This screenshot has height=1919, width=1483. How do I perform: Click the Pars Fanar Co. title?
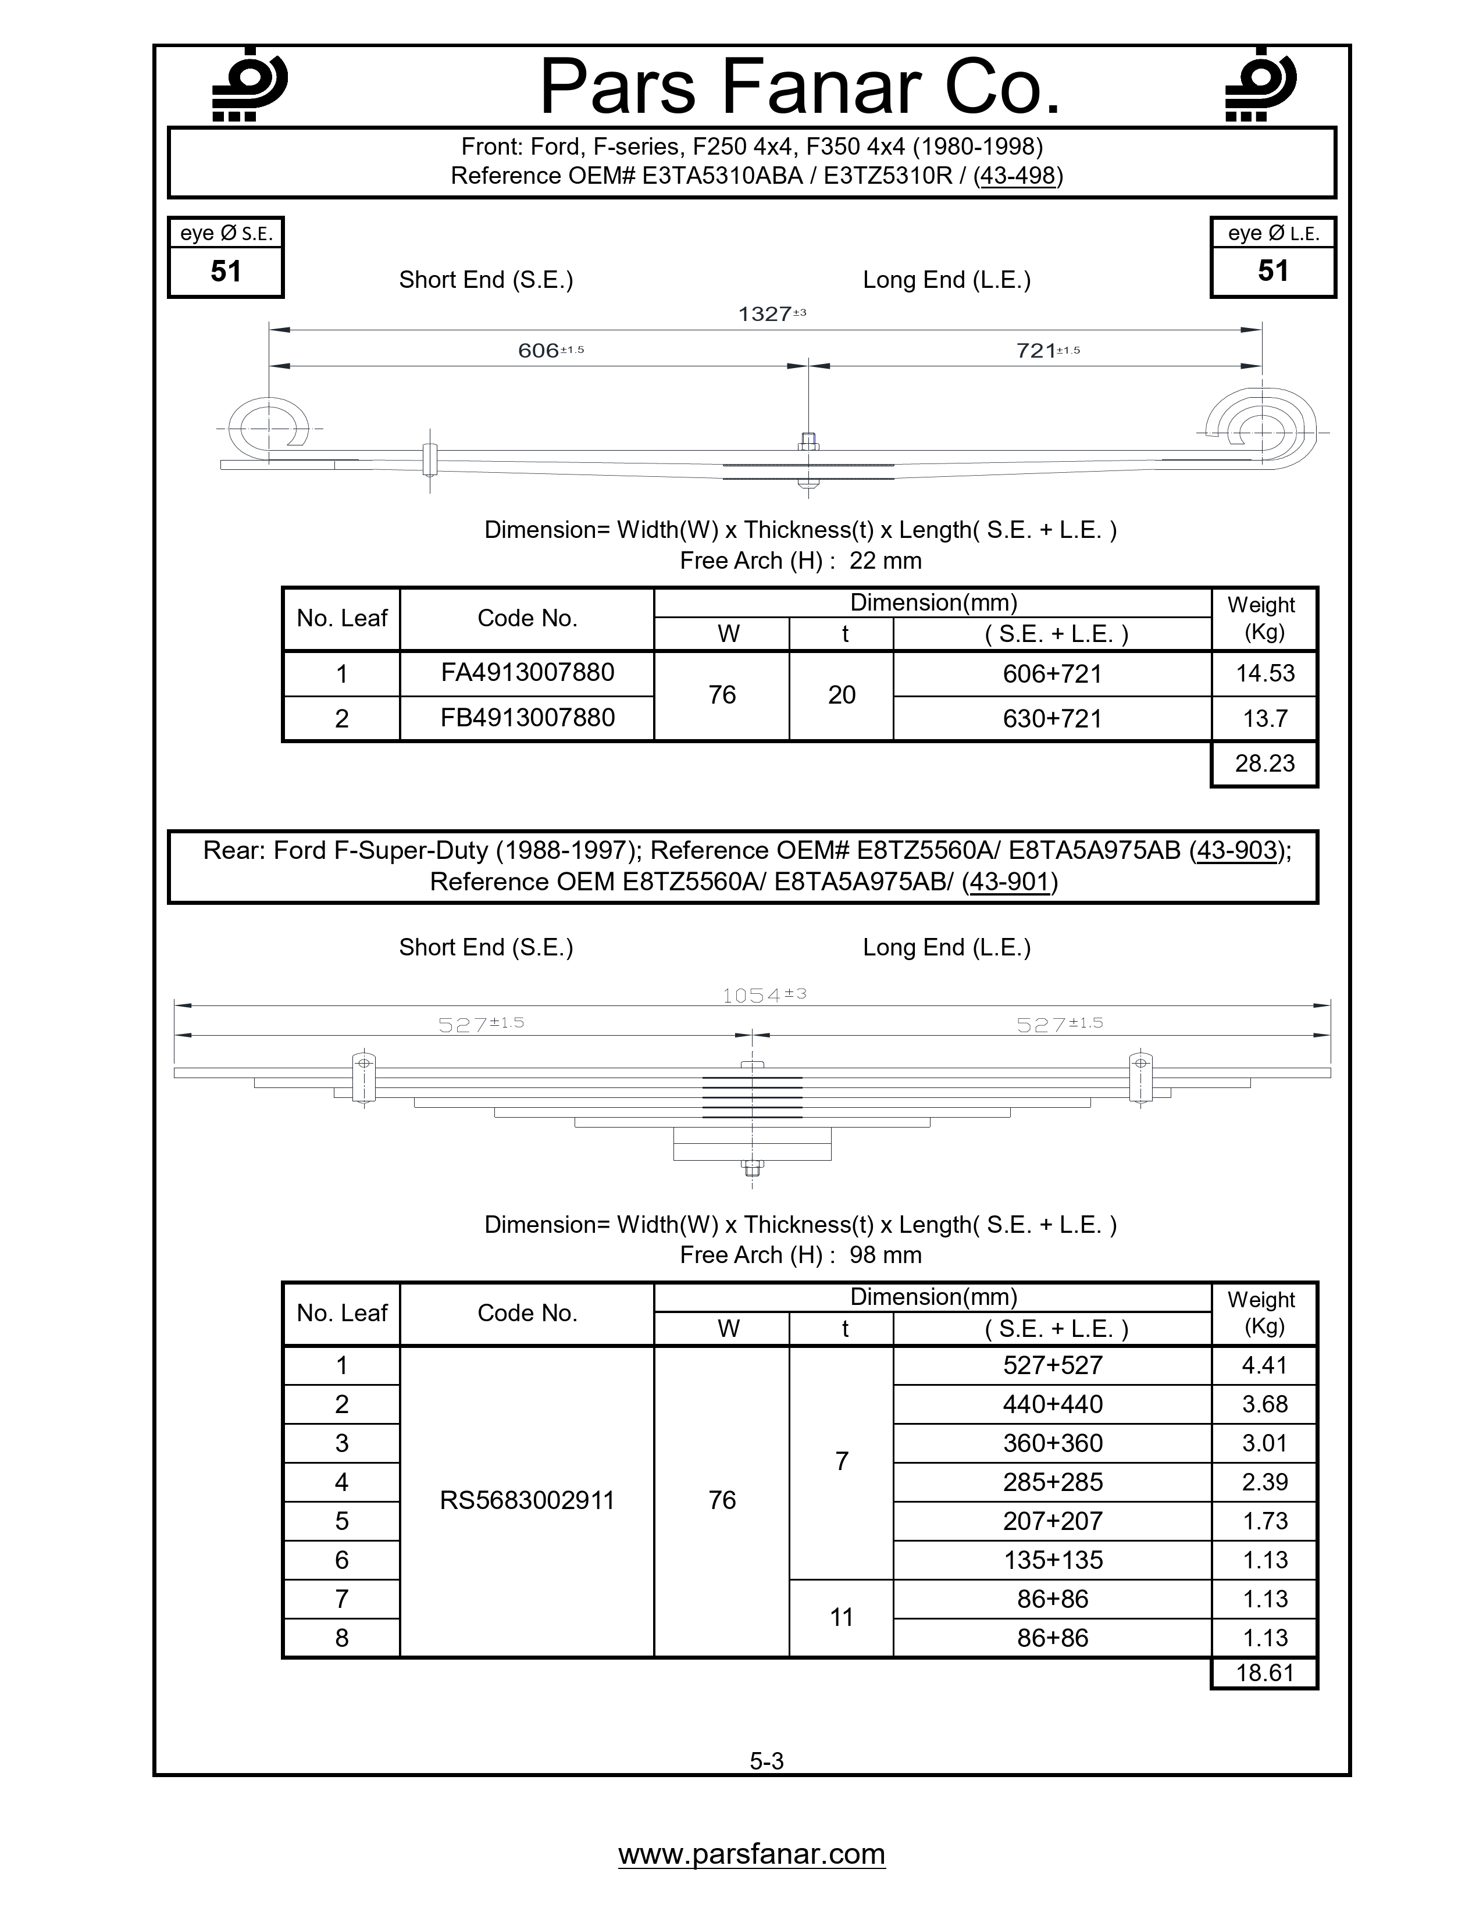click(x=800, y=87)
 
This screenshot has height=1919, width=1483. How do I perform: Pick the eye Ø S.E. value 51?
click(x=226, y=272)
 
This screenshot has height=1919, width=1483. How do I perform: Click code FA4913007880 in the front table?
click(x=527, y=673)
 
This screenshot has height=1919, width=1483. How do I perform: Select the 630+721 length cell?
click(x=1051, y=719)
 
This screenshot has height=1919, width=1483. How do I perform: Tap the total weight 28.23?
click(x=1264, y=764)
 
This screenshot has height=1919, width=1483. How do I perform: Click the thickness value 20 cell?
click(x=841, y=695)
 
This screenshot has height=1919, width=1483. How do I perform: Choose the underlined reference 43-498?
click(x=1017, y=176)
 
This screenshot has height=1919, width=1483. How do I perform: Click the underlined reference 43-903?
click(x=1236, y=851)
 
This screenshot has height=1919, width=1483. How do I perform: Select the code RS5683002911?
click(x=527, y=1500)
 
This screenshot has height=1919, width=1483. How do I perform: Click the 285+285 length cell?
click(x=1051, y=1482)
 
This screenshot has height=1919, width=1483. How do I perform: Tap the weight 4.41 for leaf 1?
click(x=1264, y=1365)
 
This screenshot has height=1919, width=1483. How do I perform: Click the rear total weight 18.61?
click(x=1264, y=1673)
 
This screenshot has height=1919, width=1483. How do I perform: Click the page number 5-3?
click(x=766, y=1761)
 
